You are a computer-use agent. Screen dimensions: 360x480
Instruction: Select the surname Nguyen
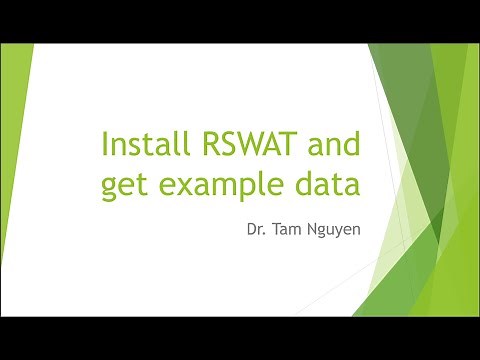point(335,232)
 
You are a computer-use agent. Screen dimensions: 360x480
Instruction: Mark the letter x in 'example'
point(188,187)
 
